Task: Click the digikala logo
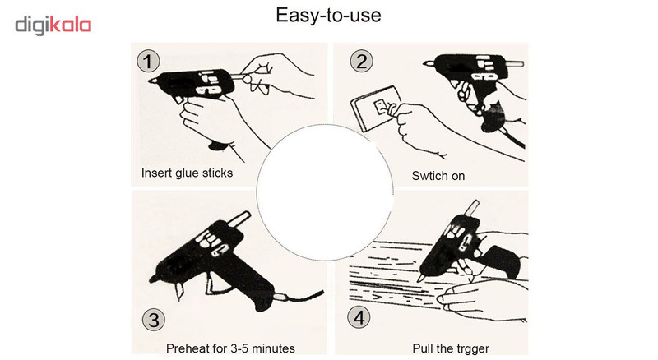(x=53, y=25)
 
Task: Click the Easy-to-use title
(x=328, y=16)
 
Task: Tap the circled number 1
(x=148, y=62)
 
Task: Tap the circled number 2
(x=361, y=62)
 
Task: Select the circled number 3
(x=154, y=321)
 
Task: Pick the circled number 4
(x=359, y=317)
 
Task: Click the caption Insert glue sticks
(x=187, y=173)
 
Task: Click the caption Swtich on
(x=438, y=176)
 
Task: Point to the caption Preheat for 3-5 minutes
(x=230, y=348)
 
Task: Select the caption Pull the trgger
(x=451, y=348)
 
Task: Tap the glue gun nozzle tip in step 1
(x=150, y=81)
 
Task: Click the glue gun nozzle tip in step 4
(x=419, y=279)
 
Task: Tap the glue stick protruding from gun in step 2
(x=517, y=64)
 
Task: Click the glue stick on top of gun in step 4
(x=472, y=209)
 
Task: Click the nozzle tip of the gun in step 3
(x=151, y=279)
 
